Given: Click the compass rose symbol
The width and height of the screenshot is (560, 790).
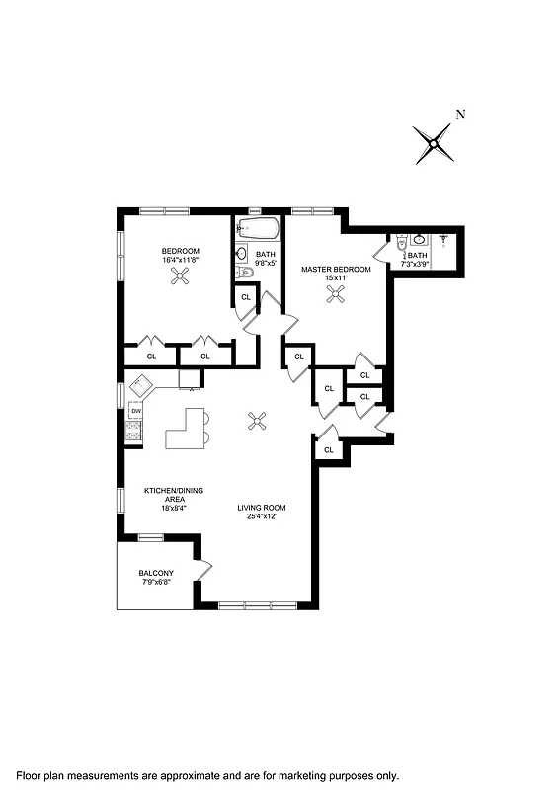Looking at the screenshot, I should (434, 145).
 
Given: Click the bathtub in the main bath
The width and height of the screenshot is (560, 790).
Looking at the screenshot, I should (259, 229).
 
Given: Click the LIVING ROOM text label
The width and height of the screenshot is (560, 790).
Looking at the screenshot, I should (262, 508).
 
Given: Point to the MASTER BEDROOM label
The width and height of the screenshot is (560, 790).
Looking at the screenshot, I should (329, 269).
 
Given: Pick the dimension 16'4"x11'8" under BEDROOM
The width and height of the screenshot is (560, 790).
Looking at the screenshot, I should (181, 261).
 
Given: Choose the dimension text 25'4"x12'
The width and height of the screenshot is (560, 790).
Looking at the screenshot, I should (262, 517).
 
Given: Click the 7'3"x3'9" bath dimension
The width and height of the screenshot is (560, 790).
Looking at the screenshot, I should (417, 264).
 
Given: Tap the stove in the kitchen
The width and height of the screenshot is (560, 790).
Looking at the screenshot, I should (133, 431).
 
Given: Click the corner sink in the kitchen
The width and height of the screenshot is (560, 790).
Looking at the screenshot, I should (139, 385).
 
